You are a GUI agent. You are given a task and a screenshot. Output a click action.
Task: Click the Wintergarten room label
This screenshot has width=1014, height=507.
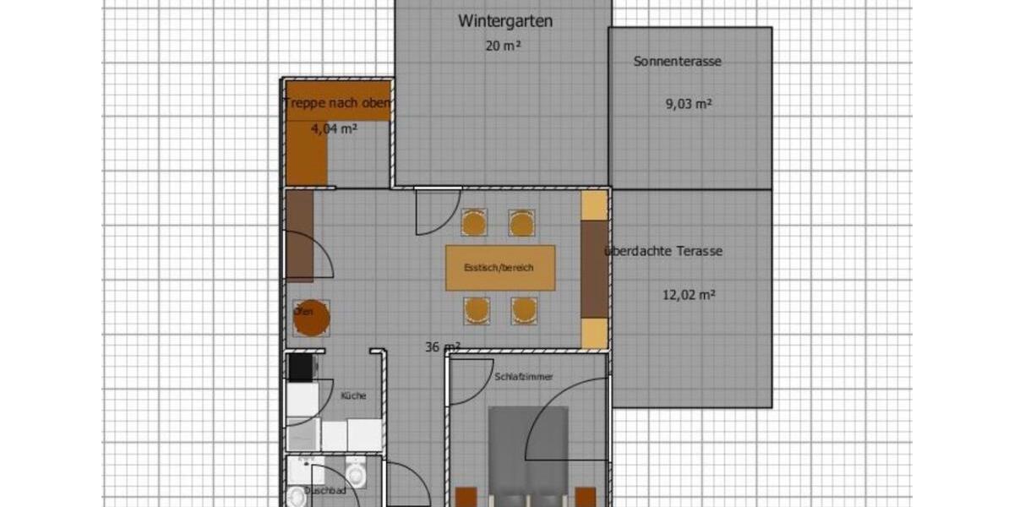tap(505, 21)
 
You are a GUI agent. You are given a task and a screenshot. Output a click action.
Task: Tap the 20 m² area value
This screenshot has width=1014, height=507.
tap(502, 46)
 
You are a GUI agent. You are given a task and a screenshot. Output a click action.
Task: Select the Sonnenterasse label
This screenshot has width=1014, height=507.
tap(678, 61)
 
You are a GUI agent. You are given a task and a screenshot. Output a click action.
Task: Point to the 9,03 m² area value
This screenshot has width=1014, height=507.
tap(689, 104)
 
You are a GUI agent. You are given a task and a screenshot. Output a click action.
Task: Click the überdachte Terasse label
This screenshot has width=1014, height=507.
tap(664, 251)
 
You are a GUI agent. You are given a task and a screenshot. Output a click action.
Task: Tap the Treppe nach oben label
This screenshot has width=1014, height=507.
tap(337, 104)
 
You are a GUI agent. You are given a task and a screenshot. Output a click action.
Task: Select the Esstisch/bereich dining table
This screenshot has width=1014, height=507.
tap(500, 268)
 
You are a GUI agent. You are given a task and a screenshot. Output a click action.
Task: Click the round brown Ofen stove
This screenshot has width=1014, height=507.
tap(311, 318)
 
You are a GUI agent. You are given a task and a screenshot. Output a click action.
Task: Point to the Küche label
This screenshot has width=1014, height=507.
tap(353, 395)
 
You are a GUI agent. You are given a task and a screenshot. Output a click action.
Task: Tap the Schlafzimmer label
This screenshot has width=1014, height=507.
tap(523, 377)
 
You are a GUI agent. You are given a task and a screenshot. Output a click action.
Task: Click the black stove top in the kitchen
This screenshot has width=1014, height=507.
tap(300, 367)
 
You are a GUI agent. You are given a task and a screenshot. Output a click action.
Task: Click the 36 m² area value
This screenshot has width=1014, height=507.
tap(442, 346)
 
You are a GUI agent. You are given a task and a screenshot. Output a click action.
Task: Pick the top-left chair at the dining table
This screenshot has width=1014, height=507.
tap(474, 223)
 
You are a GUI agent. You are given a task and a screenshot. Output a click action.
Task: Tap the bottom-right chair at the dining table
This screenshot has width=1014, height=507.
tap(524, 310)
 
